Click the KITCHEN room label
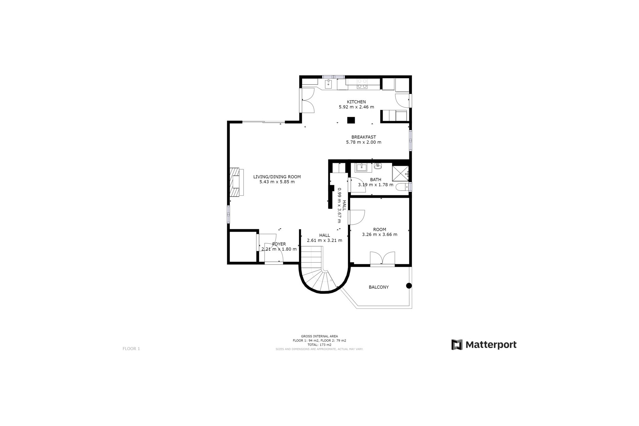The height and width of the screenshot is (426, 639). (x=356, y=102)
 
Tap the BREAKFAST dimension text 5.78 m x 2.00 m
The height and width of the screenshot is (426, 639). (x=363, y=142)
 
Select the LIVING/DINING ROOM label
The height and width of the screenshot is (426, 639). (x=277, y=177)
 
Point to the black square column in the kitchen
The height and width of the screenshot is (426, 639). (x=351, y=120)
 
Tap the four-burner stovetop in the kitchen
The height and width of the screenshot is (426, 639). (x=362, y=84)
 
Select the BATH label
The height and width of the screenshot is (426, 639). (x=375, y=180)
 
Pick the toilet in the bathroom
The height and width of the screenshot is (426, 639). (x=402, y=187)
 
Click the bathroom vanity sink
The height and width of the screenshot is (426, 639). (x=361, y=167)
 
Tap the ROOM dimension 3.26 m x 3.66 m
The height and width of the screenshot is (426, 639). (x=379, y=234)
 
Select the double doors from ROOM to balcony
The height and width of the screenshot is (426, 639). (x=382, y=259)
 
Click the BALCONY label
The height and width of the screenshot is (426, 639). (x=378, y=287)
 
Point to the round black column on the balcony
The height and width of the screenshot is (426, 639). (x=409, y=286)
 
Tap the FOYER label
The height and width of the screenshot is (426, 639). (x=279, y=244)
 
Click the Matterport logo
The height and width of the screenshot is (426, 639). (x=484, y=344)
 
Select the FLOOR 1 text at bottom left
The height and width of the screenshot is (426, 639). (x=131, y=349)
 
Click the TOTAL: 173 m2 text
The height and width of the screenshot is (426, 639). (x=319, y=345)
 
